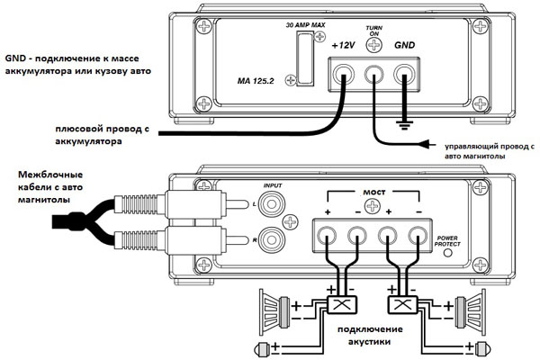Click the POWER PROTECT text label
pos(446,240)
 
